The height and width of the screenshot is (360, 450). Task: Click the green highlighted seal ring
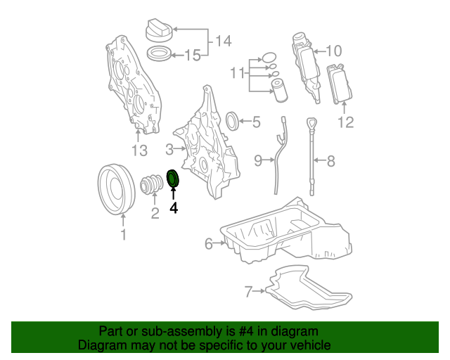173,174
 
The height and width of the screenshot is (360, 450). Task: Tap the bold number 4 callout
174,208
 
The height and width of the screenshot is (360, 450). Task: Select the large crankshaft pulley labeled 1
116,189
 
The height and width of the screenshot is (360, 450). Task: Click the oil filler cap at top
160,31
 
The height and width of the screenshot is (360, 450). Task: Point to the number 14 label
223,41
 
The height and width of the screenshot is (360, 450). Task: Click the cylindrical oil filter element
280,91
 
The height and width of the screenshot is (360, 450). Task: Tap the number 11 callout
238,73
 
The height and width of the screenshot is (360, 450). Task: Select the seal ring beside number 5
233,121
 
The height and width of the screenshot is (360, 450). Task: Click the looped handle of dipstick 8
311,124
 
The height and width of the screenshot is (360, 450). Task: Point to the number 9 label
258,160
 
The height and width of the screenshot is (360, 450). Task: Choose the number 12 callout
346,122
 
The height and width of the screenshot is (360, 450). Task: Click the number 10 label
334,51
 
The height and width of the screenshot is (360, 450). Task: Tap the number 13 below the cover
139,150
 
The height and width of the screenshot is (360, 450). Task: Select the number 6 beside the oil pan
209,244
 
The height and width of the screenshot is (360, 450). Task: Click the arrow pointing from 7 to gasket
259,291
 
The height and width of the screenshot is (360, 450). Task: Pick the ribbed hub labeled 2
152,184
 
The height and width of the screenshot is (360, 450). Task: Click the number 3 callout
169,150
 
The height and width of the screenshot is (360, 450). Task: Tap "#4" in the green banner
246,331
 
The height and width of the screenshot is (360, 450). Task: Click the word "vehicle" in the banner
311,345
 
